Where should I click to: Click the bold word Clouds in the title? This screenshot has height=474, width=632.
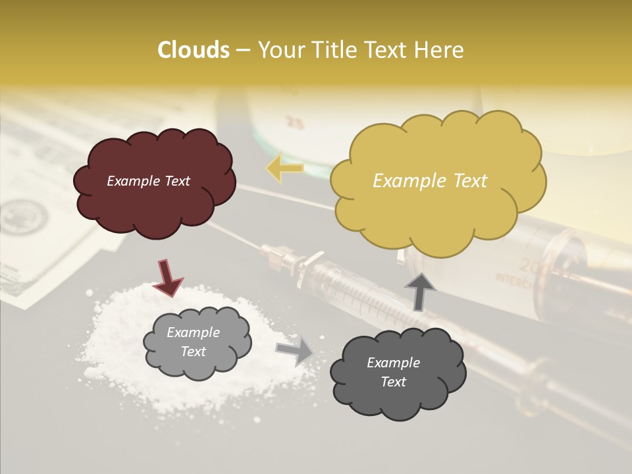pos(194,50)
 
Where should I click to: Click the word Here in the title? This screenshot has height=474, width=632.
pos(439,50)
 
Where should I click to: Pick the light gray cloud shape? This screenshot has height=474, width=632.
pos(197,342)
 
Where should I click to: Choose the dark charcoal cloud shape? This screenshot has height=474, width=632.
pos(398,373)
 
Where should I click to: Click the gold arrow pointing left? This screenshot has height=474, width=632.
pos(284,168)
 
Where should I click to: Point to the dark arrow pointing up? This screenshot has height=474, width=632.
pos(419,290)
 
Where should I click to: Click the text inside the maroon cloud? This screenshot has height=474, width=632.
pos(148,181)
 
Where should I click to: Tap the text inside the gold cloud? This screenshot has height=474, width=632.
pos(430,181)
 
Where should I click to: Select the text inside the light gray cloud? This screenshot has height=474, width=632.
pos(194,342)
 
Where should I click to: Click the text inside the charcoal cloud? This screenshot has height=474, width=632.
pos(393,373)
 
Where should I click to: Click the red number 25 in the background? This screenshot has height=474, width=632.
pos(296,122)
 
